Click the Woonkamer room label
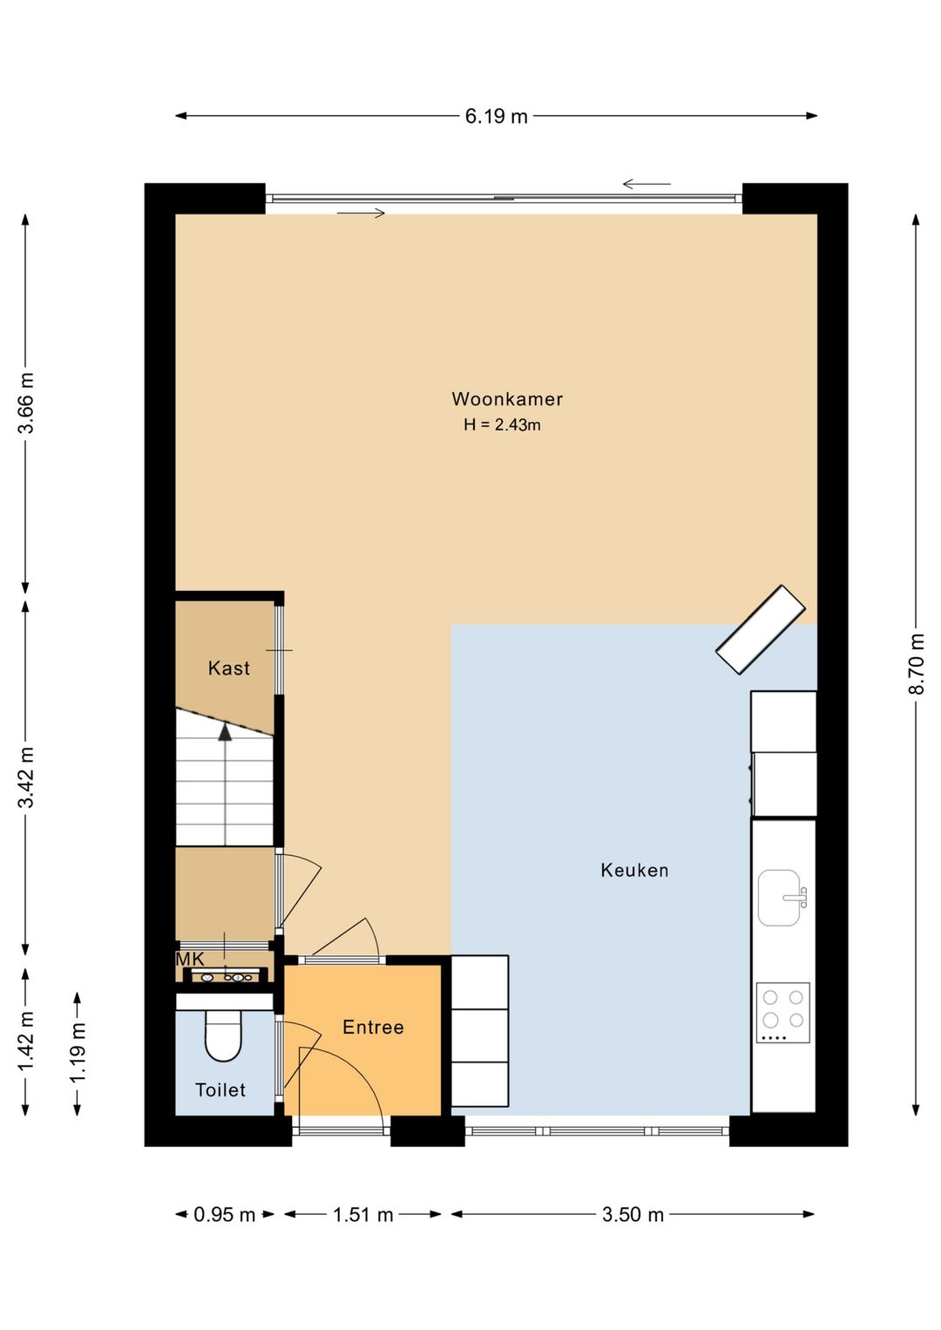(507, 399)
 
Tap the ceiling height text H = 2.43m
(502, 425)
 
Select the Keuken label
(634, 871)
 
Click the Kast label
(228, 668)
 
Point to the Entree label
(374, 1028)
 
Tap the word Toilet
(220, 1089)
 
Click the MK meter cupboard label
(190, 959)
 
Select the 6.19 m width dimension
(497, 117)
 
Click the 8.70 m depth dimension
(917, 664)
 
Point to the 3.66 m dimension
(26, 404)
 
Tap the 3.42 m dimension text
(26, 777)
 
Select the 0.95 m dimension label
(225, 1215)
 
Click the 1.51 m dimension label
(362, 1215)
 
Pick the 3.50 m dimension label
(633, 1215)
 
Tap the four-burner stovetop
(783, 1013)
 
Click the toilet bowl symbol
(223, 1035)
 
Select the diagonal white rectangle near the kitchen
(761, 629)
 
